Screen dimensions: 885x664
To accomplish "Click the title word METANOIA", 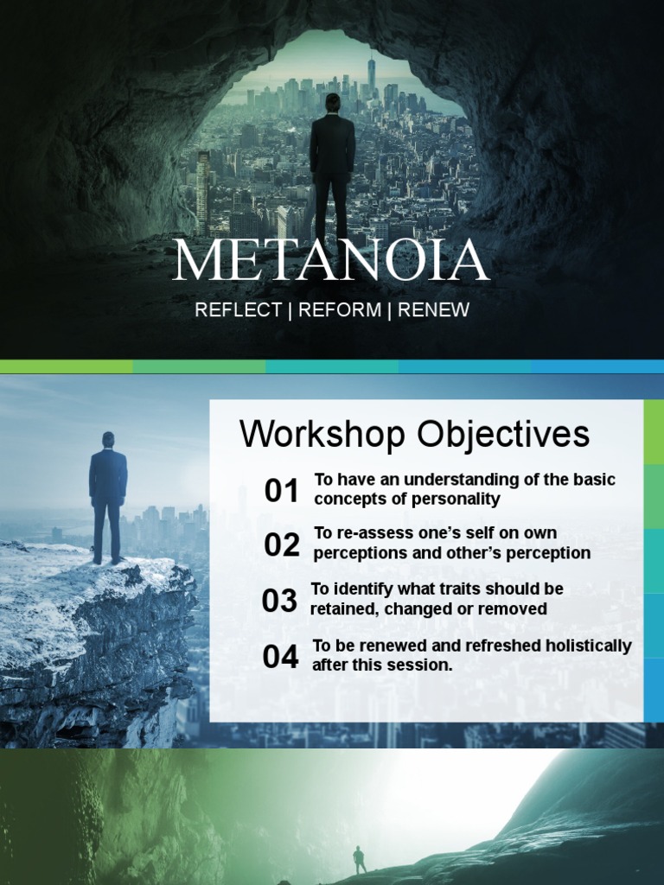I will click(x=331, y=260).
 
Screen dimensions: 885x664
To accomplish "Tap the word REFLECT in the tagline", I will click(x=238, y=310).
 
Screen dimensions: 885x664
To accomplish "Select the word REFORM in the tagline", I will click(x=340, y=310).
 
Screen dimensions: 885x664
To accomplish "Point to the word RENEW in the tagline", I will click(x=433, y=310).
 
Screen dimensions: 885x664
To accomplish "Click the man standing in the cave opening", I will click(x=332, y=169).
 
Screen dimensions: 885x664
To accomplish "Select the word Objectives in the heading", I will click(x=502, y=434).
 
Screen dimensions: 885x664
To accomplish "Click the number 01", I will click(x=281, y=491).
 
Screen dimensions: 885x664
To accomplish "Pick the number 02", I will click(x=282, y=545).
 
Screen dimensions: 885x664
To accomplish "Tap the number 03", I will click(x=279, y=602).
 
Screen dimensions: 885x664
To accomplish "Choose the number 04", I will click(x=280, y=657).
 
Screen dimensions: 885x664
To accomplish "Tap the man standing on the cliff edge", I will click(x=108, y=497).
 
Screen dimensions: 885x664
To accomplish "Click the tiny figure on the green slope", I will click(x=359, y=859).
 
